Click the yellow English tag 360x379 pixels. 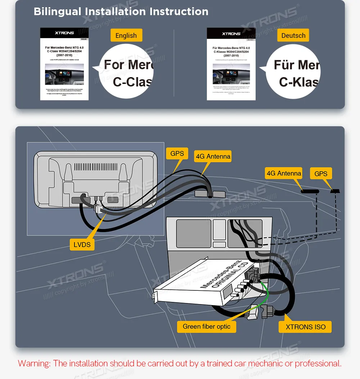tap(126, 36)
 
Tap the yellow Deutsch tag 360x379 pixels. tap(293, 36)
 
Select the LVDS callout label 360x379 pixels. tap(82, 245)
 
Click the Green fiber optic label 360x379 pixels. tap(207, 327)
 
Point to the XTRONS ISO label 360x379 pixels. tap(305, 327)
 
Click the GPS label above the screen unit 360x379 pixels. tap(177, 154)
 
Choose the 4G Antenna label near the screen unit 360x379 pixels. tap(212, 156)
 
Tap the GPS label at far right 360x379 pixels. tap(320, 174)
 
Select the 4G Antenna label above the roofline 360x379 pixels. tap(284, 173)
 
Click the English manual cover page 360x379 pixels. tap(64, 64)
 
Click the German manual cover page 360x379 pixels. tap(231, 64)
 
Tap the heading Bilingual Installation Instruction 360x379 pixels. tap(121, 12)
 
